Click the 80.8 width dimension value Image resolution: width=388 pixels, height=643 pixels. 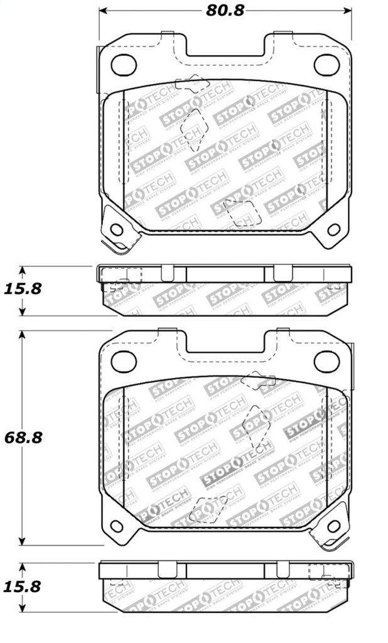click(x=225, y=9)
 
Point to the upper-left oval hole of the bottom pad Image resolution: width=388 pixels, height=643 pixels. click(x=124, y=361)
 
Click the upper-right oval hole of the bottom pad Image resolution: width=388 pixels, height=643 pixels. click(x=326, y=361)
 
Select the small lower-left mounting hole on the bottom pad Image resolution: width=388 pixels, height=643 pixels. click(x=117, y=526)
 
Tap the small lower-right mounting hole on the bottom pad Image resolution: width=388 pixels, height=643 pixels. click(x=333, y=526)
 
